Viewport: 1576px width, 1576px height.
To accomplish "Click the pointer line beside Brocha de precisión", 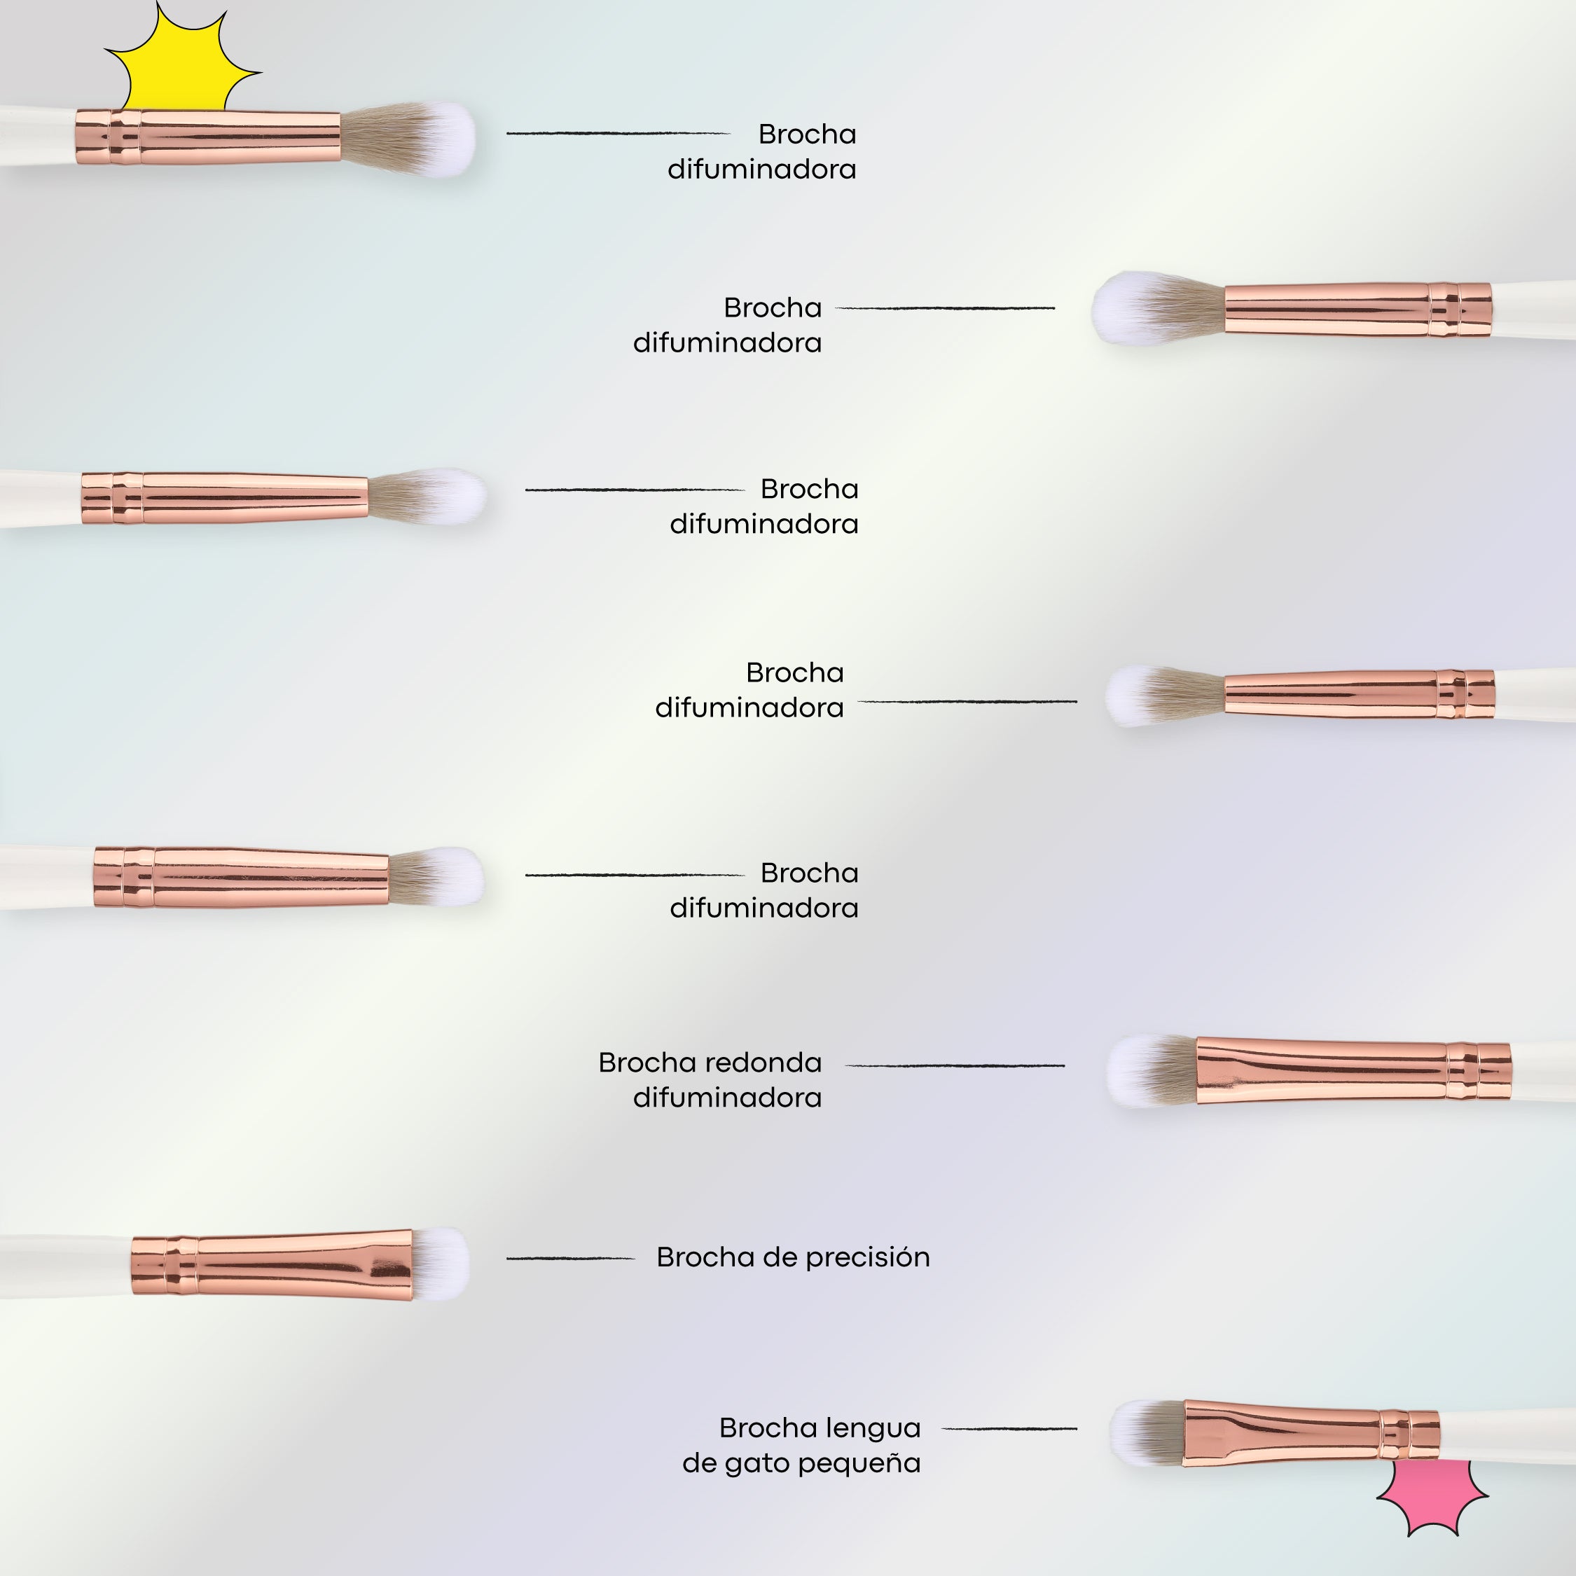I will point(570,1258).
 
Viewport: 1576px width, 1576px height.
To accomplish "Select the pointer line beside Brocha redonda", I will point(955,1065).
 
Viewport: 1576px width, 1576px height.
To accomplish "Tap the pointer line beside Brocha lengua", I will point(1009,1428).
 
